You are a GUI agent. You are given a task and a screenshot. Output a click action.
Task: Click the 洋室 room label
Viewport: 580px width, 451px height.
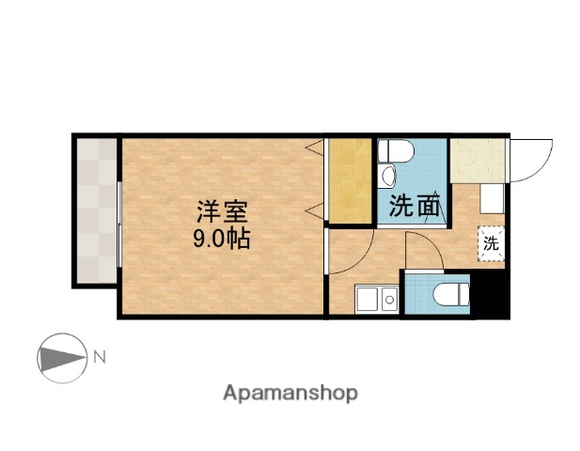click(x=222, y=209)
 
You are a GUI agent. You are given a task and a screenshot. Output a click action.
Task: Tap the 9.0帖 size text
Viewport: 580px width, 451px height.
click(x=222, y=238)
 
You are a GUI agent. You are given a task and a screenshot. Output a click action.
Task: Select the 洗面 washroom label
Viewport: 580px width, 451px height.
click(x=415, y=206)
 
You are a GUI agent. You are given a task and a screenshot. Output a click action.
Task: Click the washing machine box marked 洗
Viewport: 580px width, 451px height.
click(x=491, y=242)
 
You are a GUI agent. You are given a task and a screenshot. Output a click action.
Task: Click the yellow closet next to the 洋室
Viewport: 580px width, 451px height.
click(x=350, y=181)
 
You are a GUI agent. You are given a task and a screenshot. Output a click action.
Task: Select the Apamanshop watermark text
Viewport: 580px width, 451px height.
click(x=290, y=393)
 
